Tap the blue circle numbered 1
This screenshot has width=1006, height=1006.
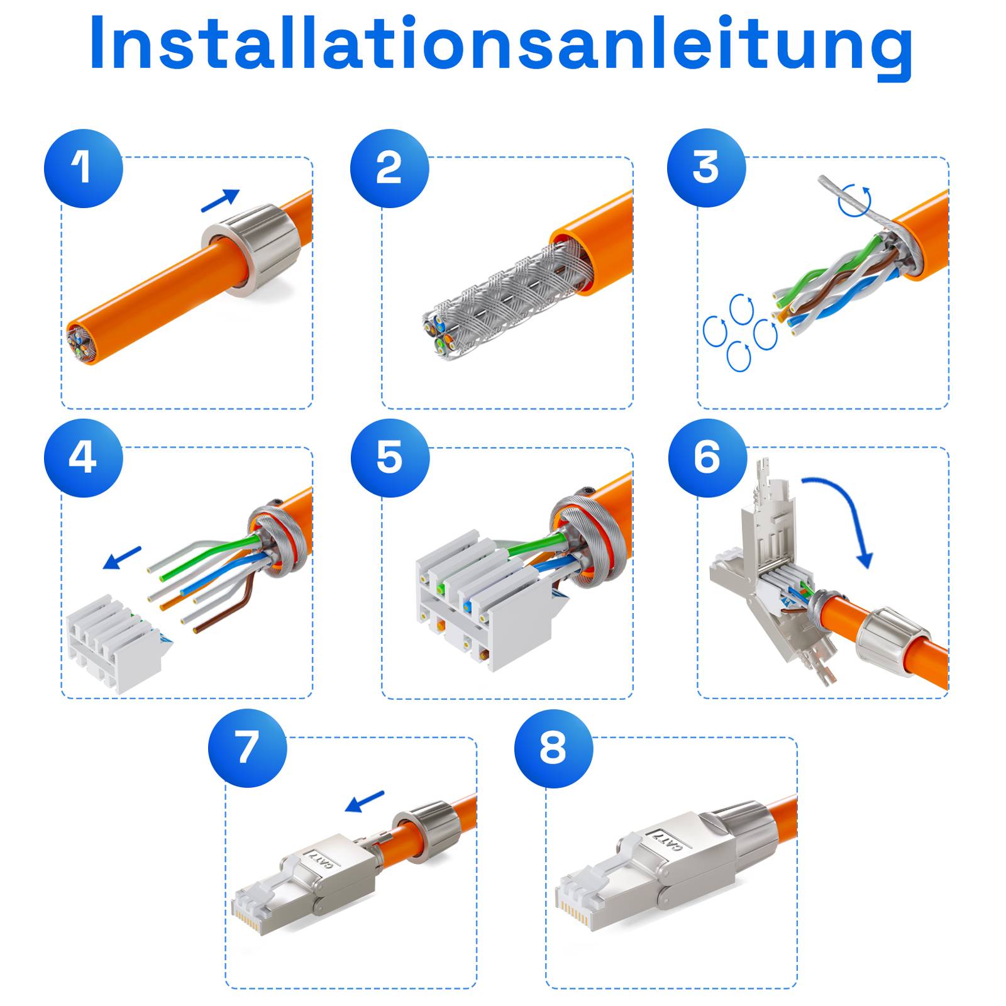(x=83, y=169)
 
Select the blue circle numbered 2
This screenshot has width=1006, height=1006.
(x=389, y=169)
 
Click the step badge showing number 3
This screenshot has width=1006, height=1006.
(x=706, y=169)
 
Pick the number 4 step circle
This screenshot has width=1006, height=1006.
(x=83, y=458)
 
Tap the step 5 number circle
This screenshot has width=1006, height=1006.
(x=390, y=458)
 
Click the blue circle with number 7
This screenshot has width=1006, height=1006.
(x=247, y=748)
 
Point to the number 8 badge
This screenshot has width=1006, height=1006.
(x=553, y=748)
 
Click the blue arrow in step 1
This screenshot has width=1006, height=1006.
(x=220, y=201)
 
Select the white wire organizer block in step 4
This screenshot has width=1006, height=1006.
(x=113, y=648)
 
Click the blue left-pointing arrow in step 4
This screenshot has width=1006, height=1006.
(x=122, y=558)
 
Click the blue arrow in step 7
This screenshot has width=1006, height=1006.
(x=365, y=801)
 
